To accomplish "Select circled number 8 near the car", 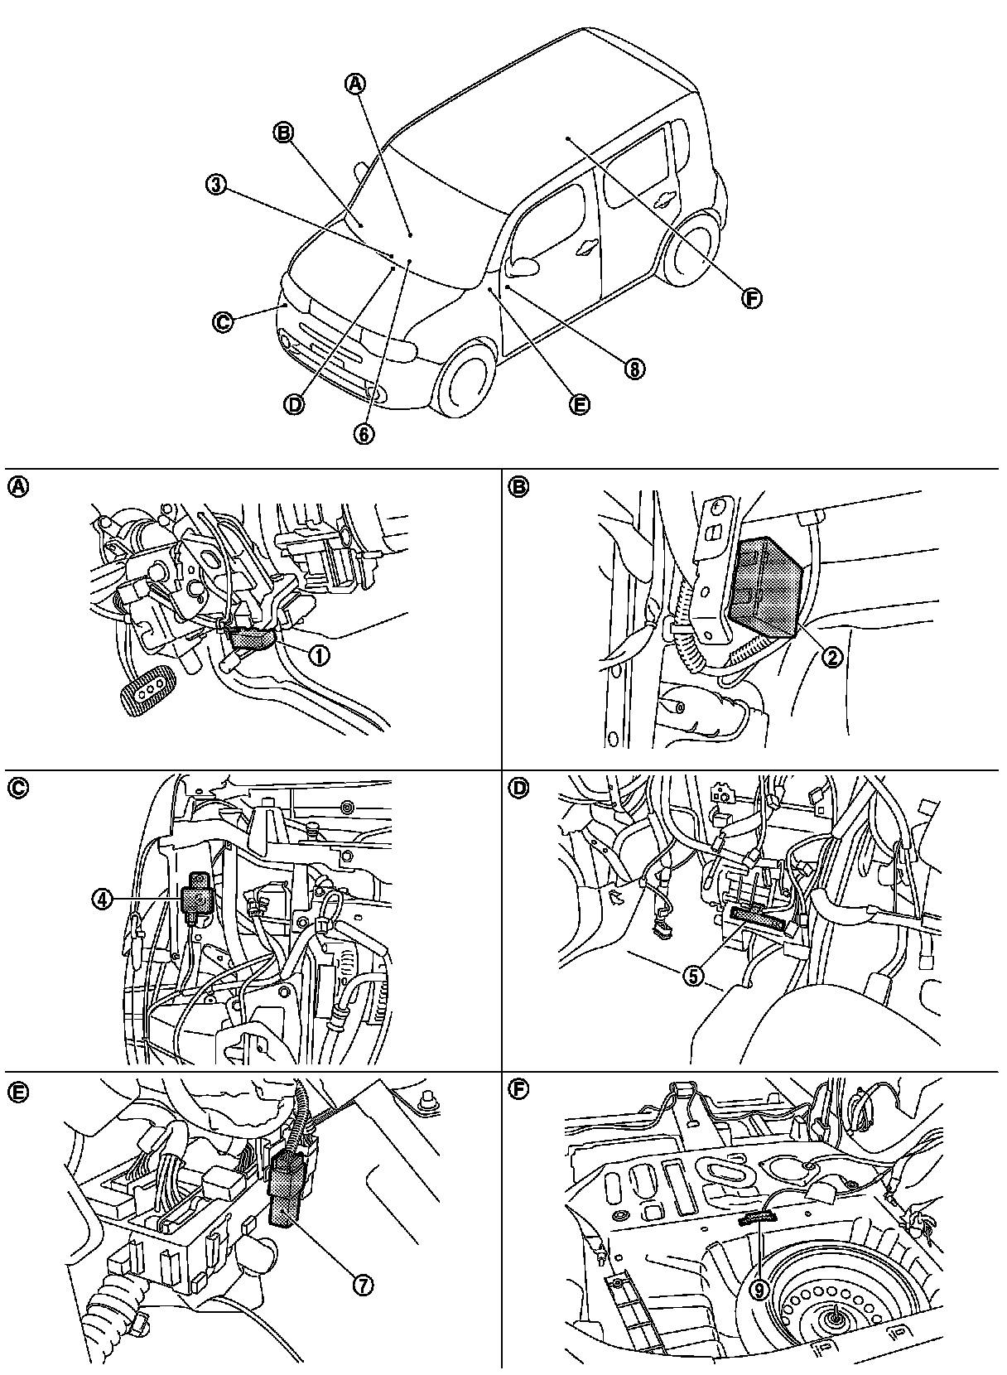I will (635, 369).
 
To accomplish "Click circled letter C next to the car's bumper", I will (223, 322).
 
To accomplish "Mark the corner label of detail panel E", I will (17, 1092).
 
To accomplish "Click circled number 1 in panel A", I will (318, 654).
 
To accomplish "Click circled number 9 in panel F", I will (760, 1290).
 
